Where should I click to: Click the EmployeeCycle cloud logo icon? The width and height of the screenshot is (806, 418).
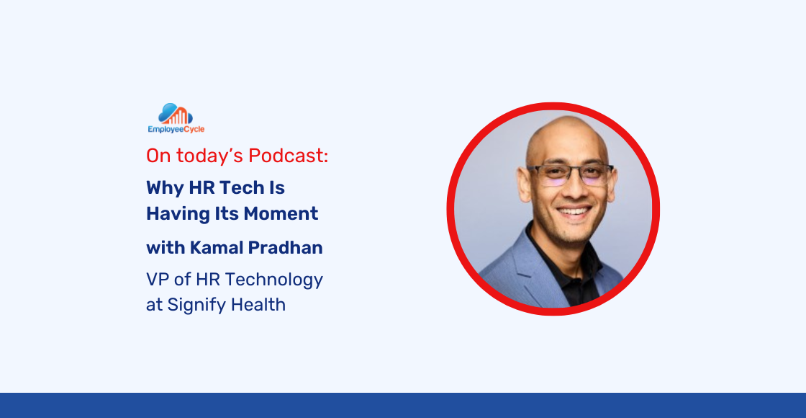(176, 114)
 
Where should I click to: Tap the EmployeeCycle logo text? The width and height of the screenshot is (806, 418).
(176, 130)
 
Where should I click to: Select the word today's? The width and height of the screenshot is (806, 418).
(209, 156)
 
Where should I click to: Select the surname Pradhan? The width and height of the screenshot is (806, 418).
(286, 248)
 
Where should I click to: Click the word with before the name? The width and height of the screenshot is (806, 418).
(166, 248)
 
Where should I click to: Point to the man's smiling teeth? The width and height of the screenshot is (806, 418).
(574, 213)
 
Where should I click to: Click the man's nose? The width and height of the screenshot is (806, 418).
(573, 191)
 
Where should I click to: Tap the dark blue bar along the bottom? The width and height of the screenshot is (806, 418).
(403, 405)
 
